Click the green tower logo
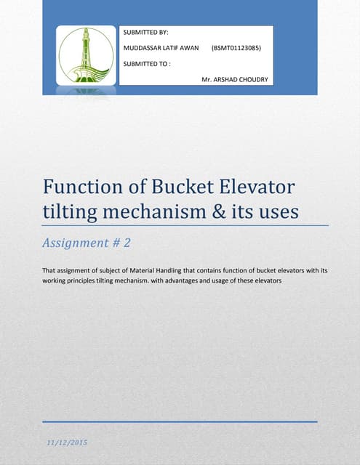point(86,56)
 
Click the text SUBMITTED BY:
point(145,33)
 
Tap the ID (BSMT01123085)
point(236,48)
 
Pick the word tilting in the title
point(71,212)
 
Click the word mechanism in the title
point(163,213)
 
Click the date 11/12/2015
point(68,442)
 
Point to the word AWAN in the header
point(187,48)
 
